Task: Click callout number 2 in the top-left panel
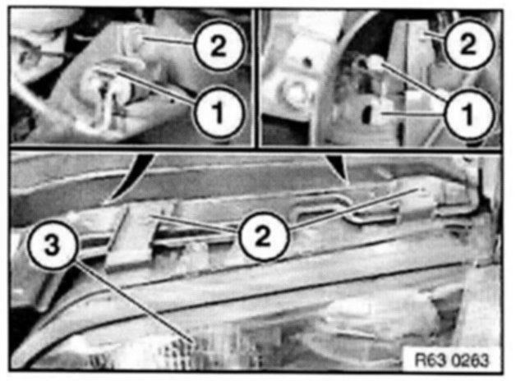tap(219, 45)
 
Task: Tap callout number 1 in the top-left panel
tap(219, 112)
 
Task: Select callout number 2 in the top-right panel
tap(468, 44)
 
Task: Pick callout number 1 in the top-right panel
tap(468, 114)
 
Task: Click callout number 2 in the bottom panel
tap(263, 236)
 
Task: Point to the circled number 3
tap(52, 245)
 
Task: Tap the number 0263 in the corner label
tap(470, 360)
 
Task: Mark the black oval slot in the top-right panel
tap(366, 114)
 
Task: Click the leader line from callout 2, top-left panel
tap(168, 40)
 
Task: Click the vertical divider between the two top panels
tap(256, 77)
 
